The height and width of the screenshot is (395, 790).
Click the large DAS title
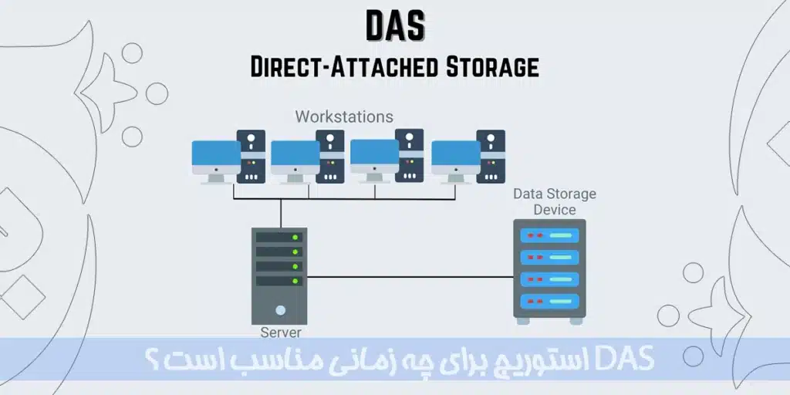(394, 25)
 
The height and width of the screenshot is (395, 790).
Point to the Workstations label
(344, 117)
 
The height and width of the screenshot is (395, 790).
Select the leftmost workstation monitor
(215, 155)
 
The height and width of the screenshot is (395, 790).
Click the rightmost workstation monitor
(455, 155)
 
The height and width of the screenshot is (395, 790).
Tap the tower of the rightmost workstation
(491, 156)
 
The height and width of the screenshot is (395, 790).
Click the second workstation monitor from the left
(295, 155)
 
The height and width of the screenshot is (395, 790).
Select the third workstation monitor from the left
(374, 155)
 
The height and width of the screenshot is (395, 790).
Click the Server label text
(281, 333)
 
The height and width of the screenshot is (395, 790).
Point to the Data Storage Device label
(555, 201)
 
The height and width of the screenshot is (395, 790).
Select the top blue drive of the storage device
(549, 235)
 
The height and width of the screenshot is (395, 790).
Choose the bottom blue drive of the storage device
(549, 299)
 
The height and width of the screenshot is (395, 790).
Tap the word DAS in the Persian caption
(630, 358)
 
